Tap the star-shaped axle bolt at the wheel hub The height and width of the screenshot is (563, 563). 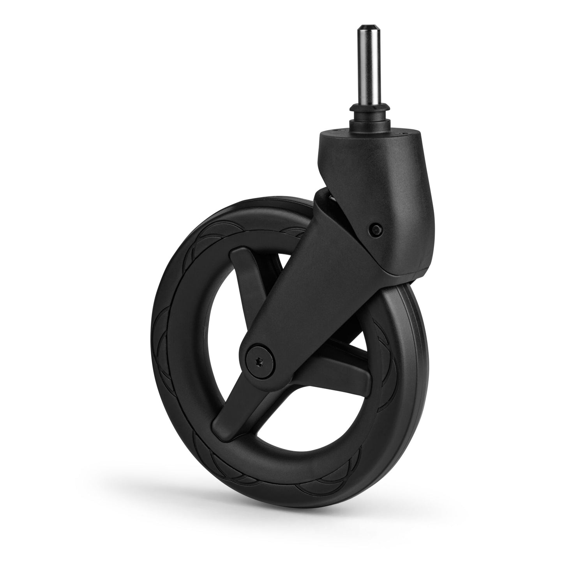(x=259, y=363)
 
